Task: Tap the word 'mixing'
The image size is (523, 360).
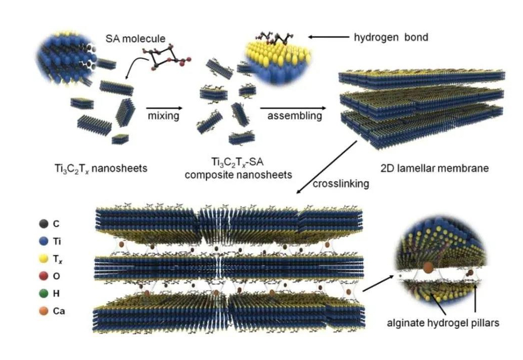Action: coord(163,116)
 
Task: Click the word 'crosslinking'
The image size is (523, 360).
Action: coord(341,183)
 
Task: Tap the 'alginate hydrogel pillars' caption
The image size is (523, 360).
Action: coord(443,323)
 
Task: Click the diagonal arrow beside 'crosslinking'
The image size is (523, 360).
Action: coord(327,167)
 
